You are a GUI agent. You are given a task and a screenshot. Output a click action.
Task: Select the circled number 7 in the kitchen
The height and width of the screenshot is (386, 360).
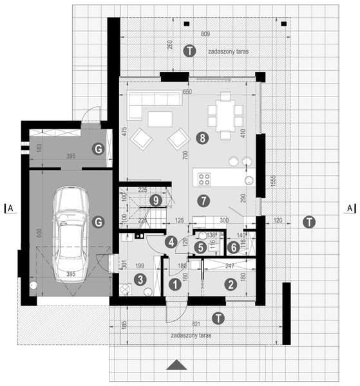coord(204,200)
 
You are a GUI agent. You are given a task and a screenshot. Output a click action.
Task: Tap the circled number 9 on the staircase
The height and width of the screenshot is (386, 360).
coord(155,201)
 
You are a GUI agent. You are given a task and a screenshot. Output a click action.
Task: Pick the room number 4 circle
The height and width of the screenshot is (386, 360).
coord(171,243)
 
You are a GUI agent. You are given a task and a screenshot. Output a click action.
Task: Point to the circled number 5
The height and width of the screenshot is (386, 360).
coord(200,247)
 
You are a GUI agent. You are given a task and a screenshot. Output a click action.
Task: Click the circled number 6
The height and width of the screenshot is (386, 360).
coord(233,247)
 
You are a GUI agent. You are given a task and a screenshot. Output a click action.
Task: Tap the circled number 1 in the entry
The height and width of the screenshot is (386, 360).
coord(173,282)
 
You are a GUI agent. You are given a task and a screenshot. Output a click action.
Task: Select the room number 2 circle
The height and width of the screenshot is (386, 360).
coord(229,282)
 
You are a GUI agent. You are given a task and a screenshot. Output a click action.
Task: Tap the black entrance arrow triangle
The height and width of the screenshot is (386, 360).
coord(177,365)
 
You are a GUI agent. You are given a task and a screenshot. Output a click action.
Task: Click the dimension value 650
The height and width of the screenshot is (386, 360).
coord(187,93)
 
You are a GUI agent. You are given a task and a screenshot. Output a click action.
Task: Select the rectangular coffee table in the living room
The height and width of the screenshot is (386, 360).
coord(160,119)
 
